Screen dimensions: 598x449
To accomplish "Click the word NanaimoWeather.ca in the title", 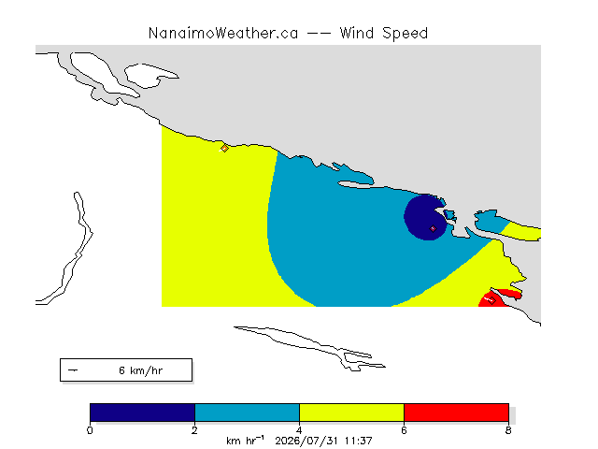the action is click(223, 34).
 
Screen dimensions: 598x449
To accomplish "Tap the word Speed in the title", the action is click(405, 34).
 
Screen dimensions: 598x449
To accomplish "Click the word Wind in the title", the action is click(357, 34).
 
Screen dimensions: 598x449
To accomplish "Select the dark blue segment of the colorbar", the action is click(142, 413).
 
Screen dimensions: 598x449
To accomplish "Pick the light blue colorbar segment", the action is click(247, 413).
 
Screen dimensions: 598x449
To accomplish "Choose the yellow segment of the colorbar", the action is click(351, 413).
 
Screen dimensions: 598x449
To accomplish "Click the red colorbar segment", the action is click(457, 413).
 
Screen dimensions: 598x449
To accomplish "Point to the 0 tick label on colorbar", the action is click(90, 430).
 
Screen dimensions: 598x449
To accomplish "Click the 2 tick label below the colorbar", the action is click(195, 430).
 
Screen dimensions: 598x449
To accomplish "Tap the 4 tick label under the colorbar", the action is click(299, 430).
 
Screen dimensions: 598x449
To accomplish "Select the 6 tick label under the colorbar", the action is click(405, 430).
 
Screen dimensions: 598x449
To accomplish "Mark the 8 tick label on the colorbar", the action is click(508, 430).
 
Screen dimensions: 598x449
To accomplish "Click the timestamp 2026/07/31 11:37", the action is click(323, 441).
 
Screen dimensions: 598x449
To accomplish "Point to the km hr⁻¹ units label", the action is click(245, 441).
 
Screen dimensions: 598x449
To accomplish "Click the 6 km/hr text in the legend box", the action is click(141, 370).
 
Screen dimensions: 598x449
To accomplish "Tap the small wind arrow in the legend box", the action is click(73, 370).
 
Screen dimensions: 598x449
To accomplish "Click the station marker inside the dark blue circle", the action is click(433, 228).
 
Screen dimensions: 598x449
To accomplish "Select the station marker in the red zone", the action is click(491, 300).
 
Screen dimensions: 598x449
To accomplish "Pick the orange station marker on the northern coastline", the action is click(224, 148).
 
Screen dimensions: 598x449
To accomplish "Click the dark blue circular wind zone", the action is click(421, 218).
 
